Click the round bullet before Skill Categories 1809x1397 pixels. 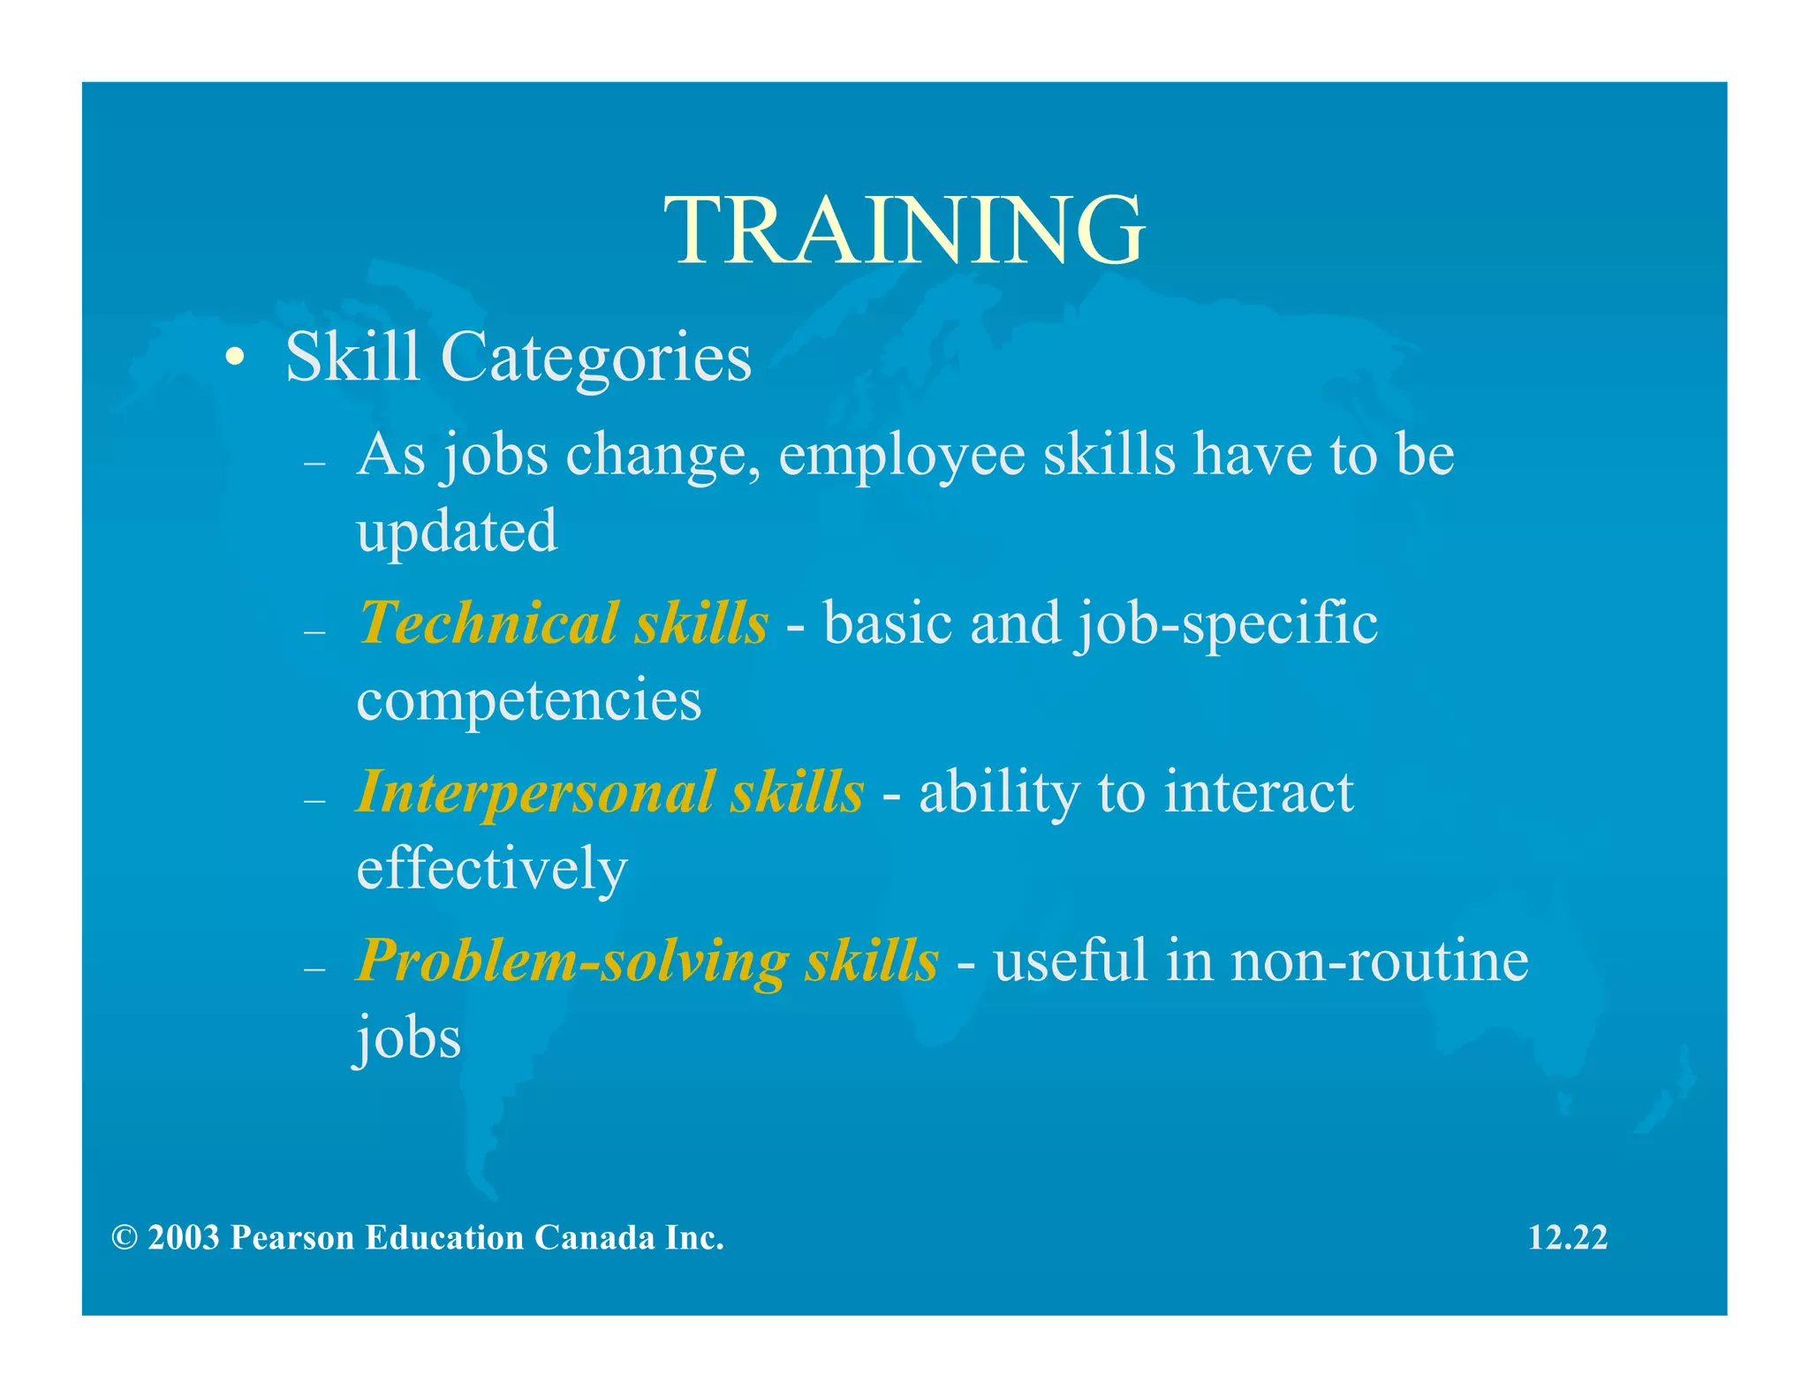[x=234, y=359]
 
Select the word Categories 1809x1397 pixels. [x=596, y=359]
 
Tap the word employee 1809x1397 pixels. [x=901, y=456]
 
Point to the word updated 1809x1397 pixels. [x=457, y=532]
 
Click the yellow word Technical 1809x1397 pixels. [x=487, y=623]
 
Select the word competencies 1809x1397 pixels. [x=528, y=700]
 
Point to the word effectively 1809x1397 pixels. [x=491, y=869]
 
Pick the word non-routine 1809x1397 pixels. [x=1379, y=961]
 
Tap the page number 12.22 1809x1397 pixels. [x=1567, y=1237]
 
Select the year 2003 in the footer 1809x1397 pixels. [x=184, y=1238]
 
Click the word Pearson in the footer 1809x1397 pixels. [x=292, y=1238]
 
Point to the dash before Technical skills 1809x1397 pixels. [x=314, y=632]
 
